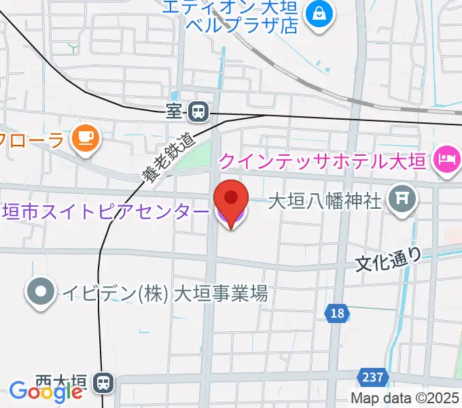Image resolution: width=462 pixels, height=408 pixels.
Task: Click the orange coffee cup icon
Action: click(x=86, y=138)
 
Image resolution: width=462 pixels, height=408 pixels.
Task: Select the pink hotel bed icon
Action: click(x=446, y=160)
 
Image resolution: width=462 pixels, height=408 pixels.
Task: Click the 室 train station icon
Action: click(x=198, y=110)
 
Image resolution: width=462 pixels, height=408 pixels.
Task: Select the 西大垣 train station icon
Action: click(x=104, y=384)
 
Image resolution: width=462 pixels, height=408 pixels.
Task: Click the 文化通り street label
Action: click(x=389, y=259)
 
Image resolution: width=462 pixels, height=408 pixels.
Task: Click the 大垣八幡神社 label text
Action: click(x=325, y=201)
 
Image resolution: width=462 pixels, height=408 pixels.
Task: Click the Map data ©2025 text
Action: click(x=405, y=398)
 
